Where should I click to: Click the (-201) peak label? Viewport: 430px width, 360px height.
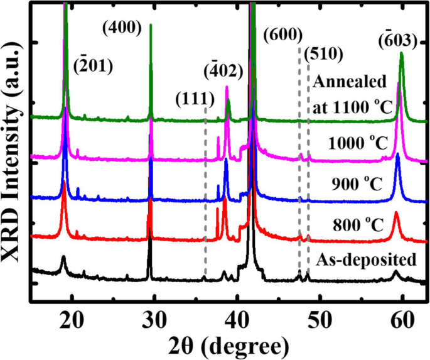point(94,65)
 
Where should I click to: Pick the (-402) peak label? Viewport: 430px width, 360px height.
point(223,70)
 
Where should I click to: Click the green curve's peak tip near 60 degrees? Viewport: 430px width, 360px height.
point(401,54)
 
